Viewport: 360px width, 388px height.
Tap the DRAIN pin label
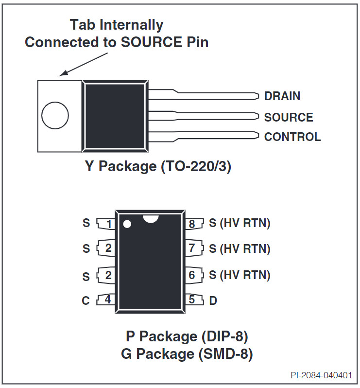click(282, 96)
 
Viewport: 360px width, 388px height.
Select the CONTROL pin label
click(292, 137)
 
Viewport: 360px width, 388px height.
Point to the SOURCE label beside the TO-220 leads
click(289, 117)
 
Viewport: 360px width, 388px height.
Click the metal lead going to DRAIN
click(203, 94)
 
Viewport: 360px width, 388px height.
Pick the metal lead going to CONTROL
click(203, 137)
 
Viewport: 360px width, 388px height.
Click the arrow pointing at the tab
click(84, 64)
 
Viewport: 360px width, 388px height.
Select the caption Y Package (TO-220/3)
click(158, 166)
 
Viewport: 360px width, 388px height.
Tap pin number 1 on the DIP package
click(109, 224)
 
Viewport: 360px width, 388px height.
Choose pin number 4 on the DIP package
click(107, 300)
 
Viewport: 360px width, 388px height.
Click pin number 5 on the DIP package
click(191, 300)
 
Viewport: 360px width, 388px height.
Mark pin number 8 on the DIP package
click(192, 224)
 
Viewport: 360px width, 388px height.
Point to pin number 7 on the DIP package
click(191, 248)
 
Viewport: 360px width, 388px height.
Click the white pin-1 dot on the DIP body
click(127, 224)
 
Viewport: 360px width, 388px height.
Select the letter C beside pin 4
click(86, 300)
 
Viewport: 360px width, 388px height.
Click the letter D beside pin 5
click(213, 300)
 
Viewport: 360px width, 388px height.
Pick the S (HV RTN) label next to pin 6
click(240, 275)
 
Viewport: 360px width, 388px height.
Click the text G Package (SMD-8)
click(187, 354)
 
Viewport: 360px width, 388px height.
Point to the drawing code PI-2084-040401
click(321, 375)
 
